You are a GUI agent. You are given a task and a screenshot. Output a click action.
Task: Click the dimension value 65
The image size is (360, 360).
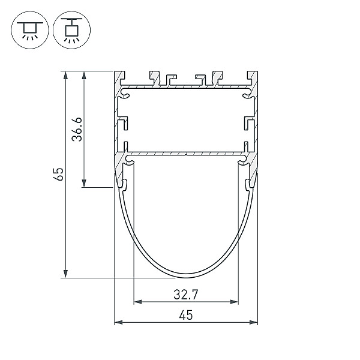tap(58, 174)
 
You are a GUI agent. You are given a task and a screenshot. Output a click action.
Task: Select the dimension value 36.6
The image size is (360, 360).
tap(77, 129)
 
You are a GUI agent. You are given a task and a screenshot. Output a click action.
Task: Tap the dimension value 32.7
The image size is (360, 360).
tap(186, 295)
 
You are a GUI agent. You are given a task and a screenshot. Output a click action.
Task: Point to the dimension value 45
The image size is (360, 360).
tap(186, 315)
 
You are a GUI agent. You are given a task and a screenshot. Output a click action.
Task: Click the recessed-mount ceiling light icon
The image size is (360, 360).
tap(30, 30)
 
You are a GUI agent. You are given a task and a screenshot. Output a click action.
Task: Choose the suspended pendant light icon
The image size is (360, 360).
tap(71, 30)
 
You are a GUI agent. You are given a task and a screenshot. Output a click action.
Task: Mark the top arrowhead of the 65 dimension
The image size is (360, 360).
tap(65, 75)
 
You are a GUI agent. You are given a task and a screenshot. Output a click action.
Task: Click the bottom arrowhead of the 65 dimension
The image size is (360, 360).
tap(65, 274)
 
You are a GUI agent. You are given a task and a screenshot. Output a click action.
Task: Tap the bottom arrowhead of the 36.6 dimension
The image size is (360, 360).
tap(84, 183)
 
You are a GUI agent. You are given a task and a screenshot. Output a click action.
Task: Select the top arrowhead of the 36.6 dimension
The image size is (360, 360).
tap(84, 75)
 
